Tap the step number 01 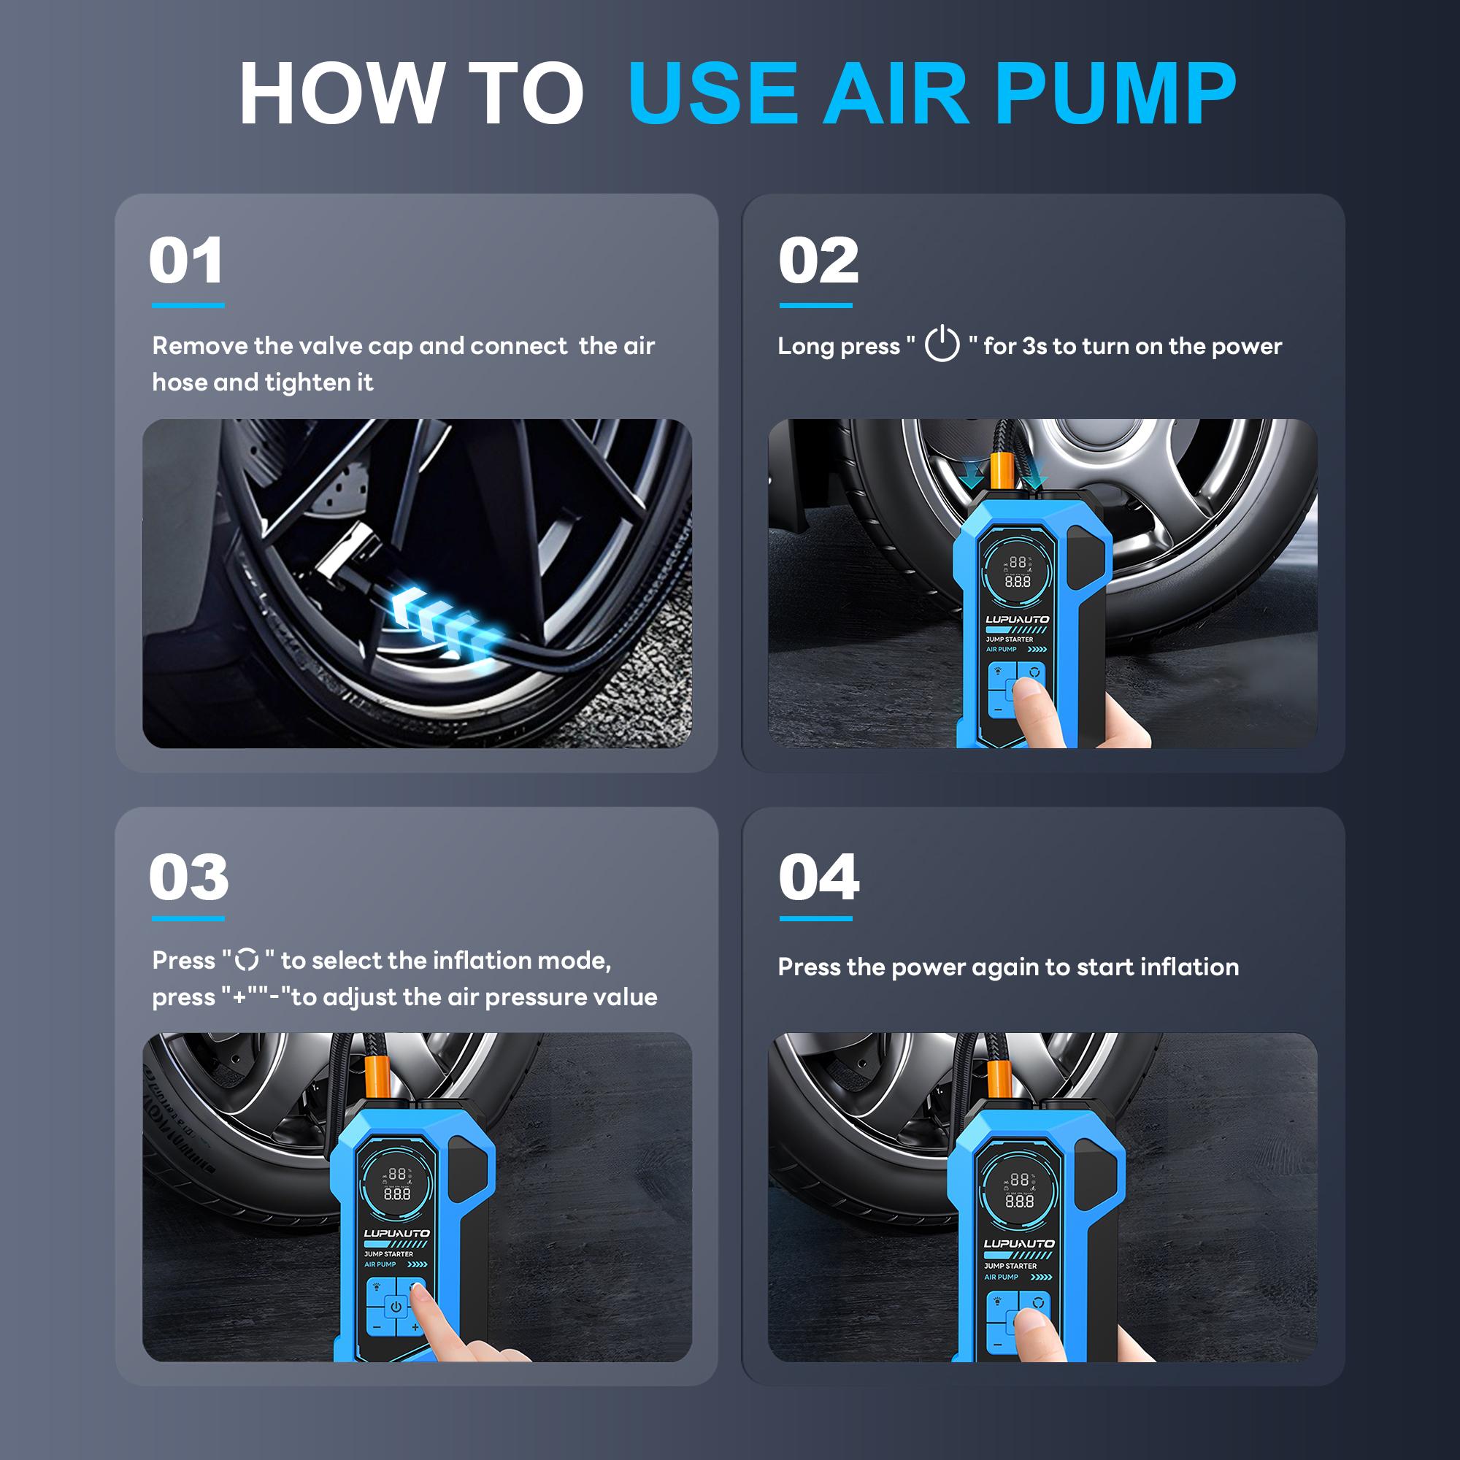[186, 261]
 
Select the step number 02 [818, 261]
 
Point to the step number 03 [188, 877]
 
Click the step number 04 [819, 877]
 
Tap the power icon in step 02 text [942, 344]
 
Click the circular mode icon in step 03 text [247, 960]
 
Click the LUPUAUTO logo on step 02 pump [1017, 619]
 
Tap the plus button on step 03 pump [415, 1327]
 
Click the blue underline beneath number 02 [815, 305]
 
